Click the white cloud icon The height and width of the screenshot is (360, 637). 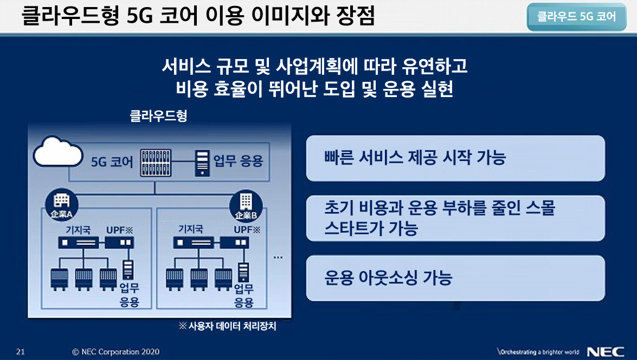[57, 151]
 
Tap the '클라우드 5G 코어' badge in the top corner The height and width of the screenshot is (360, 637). [576, 17]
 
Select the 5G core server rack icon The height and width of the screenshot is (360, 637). [156, 163]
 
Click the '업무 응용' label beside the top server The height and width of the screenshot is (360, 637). [239, 161]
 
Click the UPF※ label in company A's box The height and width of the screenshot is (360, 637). [119, 230]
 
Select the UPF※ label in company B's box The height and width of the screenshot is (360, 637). [247, 229]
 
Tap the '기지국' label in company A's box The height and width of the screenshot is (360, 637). [78, 230]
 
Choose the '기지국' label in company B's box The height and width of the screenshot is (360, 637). [190, 229]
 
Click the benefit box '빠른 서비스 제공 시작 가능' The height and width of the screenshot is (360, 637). [455, 158]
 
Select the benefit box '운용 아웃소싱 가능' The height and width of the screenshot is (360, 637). [455, 278]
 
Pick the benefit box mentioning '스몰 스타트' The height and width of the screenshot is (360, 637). [455, 218]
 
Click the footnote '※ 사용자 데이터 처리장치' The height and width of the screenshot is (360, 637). [228, 326]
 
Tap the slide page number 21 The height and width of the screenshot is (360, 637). [20, 352]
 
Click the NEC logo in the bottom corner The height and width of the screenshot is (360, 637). [606, 352]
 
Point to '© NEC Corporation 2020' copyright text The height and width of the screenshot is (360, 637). [116, 352]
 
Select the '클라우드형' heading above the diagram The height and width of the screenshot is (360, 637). [158, 116]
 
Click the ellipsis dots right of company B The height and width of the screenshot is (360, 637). [278, 257]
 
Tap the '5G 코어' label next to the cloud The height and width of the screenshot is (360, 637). [112, 162]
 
